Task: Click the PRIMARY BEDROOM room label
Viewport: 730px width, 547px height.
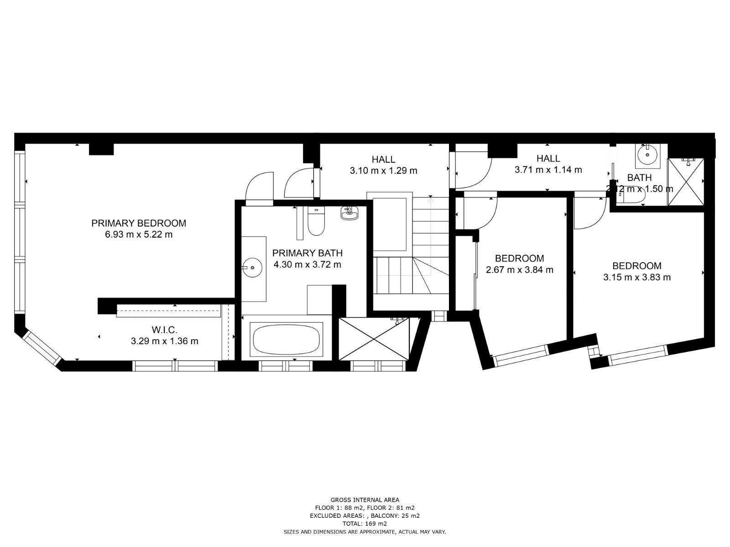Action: (139, 223)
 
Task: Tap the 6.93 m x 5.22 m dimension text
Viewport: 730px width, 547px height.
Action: (139, 234)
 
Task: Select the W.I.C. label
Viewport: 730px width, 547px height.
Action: (164, 330)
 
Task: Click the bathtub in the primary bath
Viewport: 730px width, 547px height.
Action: (286, 339)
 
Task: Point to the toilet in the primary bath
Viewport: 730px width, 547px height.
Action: (316, 221)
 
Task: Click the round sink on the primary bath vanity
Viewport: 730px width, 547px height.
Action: (252, 268)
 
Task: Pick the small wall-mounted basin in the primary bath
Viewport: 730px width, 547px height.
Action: (349, 213)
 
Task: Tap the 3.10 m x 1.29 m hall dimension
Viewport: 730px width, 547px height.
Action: (383, 170)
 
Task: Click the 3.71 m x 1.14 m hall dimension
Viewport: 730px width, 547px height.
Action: (548, 170)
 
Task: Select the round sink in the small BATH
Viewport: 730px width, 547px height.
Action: (647, 155)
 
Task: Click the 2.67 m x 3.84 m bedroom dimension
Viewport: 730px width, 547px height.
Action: (520, 270)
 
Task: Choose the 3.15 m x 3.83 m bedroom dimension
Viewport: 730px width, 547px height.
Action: (637, 277)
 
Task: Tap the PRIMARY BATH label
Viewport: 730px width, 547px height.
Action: (308, 253)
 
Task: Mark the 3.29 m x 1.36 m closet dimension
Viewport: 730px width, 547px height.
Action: (165, 341)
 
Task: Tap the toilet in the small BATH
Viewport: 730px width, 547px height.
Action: (631, 199)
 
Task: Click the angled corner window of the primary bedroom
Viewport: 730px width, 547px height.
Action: (42, 348)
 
